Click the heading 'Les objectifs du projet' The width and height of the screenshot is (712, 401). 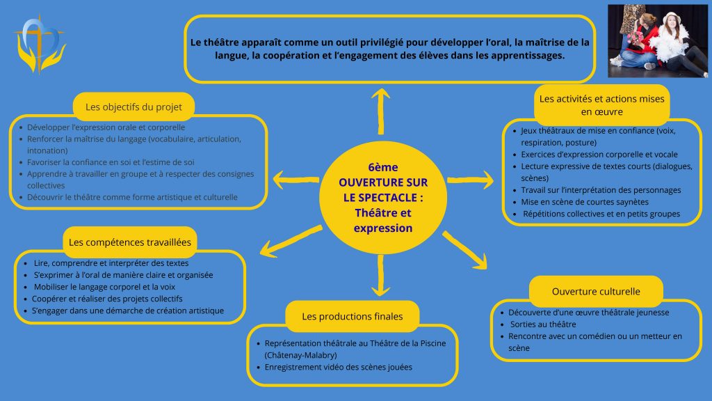[x=133, y=107]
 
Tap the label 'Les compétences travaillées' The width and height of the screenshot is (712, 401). [x=131, y=242]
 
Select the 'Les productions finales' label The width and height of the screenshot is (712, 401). [x=352, y=316]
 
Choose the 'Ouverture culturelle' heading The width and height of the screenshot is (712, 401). [x=596, y=291]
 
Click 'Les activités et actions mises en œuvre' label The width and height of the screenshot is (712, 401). [x=601, y=104]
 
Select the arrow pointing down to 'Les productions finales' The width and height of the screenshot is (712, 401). [x=380, y=276]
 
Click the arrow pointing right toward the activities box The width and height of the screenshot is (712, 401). [x=470, y=180]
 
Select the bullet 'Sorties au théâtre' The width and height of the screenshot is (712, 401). [x=533, y=324]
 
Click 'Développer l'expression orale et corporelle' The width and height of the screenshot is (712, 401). [x=106, y=127]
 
